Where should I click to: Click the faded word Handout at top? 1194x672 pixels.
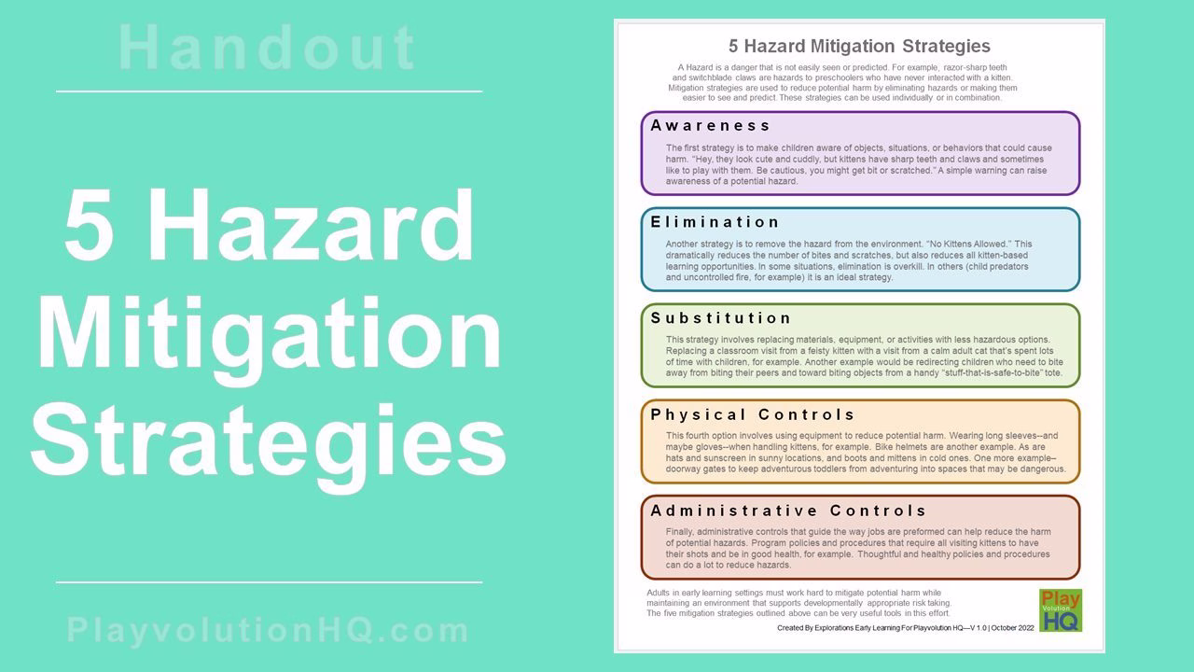269,49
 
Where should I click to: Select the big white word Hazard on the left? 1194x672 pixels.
312,228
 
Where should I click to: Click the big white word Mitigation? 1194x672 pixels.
270,334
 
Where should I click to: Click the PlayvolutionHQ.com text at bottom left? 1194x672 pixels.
269,631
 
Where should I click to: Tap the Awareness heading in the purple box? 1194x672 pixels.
711,125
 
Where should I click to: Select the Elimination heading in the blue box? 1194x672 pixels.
715,222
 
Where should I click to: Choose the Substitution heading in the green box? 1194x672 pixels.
721,318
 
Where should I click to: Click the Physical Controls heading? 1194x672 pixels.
753,414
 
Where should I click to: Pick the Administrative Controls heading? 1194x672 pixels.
788,511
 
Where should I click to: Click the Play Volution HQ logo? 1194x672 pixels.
1060,610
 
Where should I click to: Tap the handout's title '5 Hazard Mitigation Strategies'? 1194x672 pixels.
859,46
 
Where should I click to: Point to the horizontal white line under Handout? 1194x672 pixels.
269,91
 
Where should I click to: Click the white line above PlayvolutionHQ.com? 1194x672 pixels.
269,582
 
